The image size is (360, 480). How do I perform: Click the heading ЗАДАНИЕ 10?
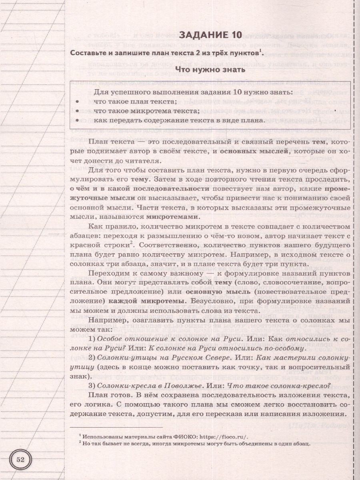pyautogui.click(x=210, y=35)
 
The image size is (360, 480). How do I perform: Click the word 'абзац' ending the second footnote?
pyautogui.click(x=300, y=444)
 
